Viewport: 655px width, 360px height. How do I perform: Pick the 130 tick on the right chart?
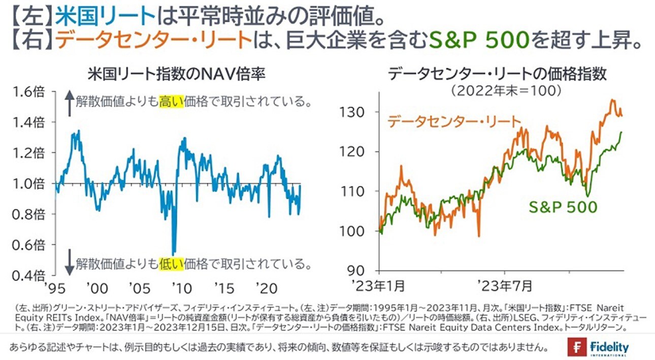(x=361, y=112)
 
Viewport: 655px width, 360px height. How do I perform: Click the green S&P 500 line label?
(x=563, y=207)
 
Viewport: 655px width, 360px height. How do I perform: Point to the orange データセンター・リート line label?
(x=454, y=122)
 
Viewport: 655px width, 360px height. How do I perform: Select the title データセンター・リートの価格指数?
(x=497, y=75)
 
